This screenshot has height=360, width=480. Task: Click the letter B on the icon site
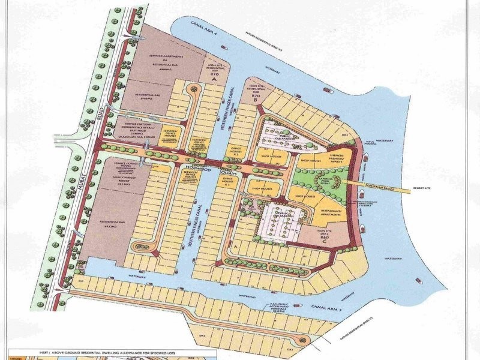256,101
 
